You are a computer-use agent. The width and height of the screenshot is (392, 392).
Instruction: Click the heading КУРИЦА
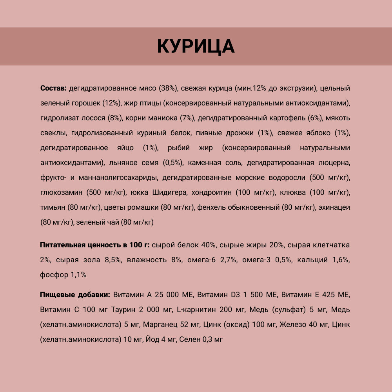point(196,46)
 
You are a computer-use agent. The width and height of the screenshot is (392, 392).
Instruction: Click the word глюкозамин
point(60,192)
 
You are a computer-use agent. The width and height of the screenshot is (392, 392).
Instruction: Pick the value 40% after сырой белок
point(208,245)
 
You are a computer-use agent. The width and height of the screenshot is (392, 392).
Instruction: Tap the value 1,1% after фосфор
point(78,275)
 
